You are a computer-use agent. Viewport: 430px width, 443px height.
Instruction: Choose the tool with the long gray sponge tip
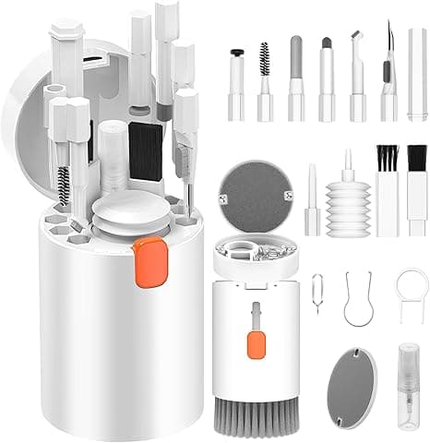pos(295,78)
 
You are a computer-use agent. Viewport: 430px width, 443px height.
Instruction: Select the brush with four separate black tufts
pos(385,185)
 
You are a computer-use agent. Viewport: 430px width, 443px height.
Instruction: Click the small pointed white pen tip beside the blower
pos(313,199)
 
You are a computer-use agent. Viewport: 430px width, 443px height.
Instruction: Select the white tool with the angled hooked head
pos(357,78)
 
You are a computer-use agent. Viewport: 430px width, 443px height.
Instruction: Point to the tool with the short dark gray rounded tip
pos(327,78)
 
